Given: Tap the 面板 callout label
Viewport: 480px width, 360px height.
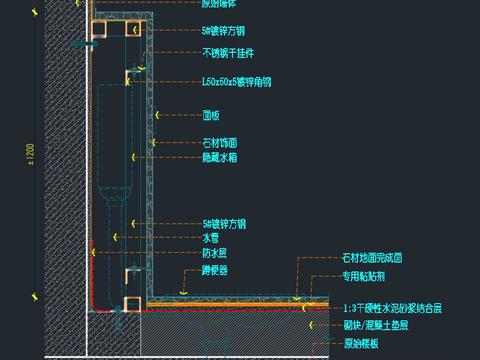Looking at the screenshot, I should tap(211, 115).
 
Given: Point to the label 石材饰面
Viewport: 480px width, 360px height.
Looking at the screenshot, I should tap(220, 144).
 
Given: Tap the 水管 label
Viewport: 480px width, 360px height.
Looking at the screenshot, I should tap(211, 239).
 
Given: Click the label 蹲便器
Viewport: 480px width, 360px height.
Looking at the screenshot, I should tap(215, 271).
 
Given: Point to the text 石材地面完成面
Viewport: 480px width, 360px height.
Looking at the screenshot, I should tap(372, 259).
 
